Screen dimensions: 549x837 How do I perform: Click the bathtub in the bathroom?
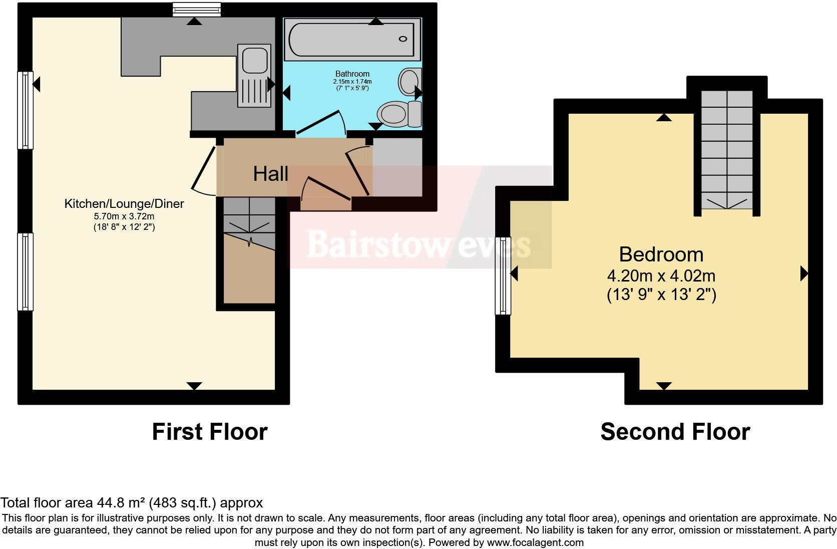point(353,39)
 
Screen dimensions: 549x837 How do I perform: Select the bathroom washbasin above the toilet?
point(409,81)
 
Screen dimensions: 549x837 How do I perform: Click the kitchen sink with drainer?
point(255,76)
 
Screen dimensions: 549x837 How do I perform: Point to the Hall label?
point(270,174)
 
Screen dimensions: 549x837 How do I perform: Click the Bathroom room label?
point(352,74)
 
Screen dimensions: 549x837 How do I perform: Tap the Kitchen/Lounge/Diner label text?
point(124,203)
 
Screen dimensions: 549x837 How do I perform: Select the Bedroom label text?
point(661,254)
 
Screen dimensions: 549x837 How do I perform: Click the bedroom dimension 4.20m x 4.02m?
point(661,276)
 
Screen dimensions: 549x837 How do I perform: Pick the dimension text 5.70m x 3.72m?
point(124,216)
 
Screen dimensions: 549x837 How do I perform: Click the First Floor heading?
point(209,431)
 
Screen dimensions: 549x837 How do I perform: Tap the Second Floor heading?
point(675,431)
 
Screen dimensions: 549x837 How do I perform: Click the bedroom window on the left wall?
point(503,276)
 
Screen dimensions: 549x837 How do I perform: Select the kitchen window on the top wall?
point(196,9)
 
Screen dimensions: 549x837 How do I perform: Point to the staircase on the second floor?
point(726,150)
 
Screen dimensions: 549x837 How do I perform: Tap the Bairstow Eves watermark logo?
point(418,244)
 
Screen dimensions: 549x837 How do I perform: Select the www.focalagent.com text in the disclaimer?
point(535,542)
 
